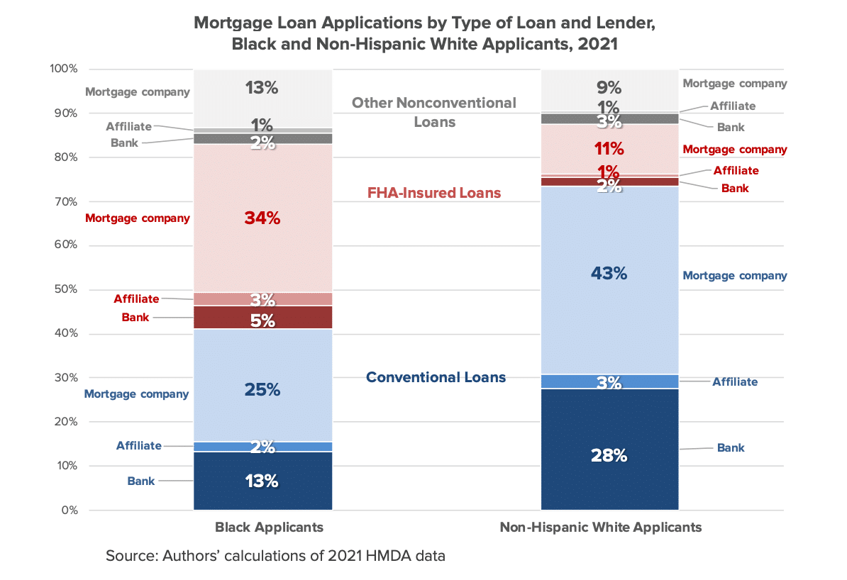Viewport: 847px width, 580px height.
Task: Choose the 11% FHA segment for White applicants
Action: [x=610, y=150]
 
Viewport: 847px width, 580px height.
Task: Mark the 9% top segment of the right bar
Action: [x=610, y=89]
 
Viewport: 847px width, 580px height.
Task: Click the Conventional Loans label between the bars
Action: [x=436, y=377]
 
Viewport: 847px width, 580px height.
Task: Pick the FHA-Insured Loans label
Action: [x=434, y=193]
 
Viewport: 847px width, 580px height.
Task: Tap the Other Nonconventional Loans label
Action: [x=434, y=112]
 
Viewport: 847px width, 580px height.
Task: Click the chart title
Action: [x=424, y=33]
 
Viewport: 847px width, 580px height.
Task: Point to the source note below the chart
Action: [x=275, y=556]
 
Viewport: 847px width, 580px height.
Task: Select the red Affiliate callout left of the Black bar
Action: [x=136, y=299]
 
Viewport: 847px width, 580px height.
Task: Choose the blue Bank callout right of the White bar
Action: [x=731, y=448]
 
